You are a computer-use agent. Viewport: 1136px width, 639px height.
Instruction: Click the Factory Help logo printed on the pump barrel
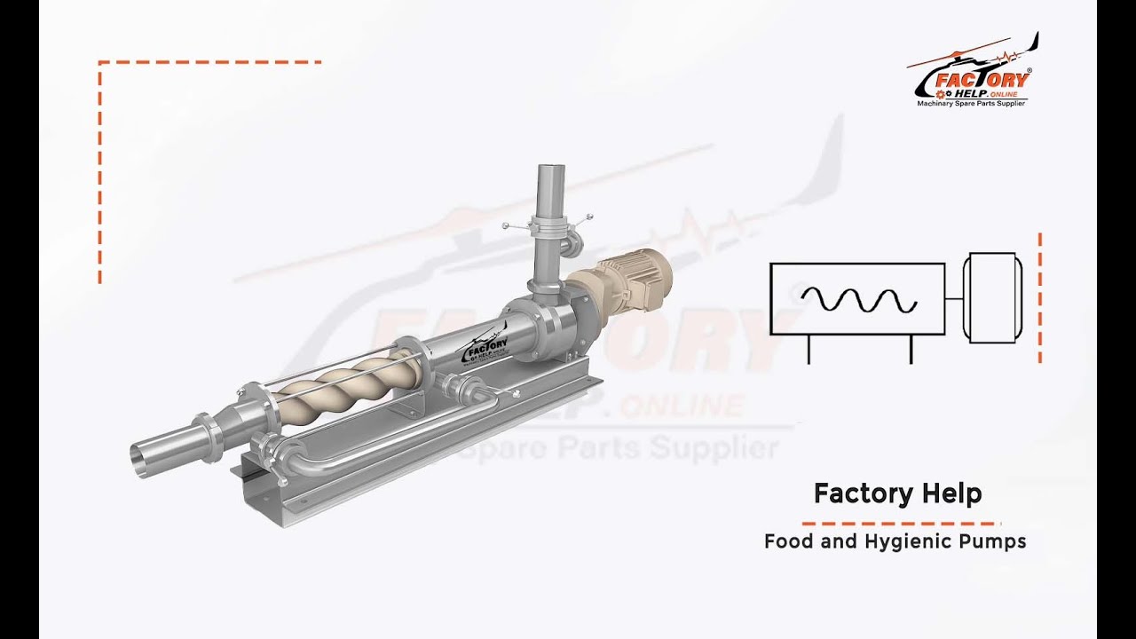coord(485,347)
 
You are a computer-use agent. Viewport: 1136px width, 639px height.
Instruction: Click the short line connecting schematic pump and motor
coord(955,299)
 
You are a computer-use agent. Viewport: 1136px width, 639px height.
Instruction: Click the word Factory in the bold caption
coord(857,493)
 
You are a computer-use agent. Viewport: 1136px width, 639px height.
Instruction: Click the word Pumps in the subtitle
coord(992,540)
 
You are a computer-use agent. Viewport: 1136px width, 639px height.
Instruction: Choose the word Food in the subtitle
coord(789,540)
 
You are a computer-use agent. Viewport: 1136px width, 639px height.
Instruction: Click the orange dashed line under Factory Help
coord(901,524)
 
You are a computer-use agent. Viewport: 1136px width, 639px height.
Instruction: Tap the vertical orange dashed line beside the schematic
coord(1039,298)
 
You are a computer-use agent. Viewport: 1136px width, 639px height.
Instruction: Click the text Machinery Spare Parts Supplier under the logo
coord(971,104)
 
